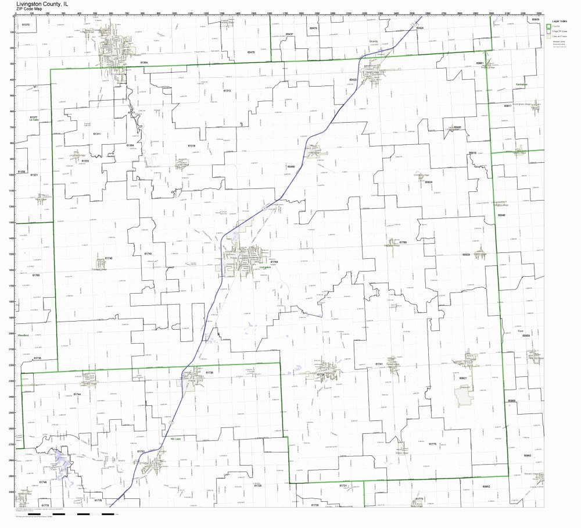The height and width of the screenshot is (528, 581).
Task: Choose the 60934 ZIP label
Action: click(429, 182)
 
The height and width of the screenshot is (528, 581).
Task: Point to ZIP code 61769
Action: click(403, 241)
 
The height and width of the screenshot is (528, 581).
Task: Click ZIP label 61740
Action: click(109, 258)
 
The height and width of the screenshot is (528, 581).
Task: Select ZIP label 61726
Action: click(210, 372)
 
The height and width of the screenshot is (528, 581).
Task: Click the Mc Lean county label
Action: click(176, 439)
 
